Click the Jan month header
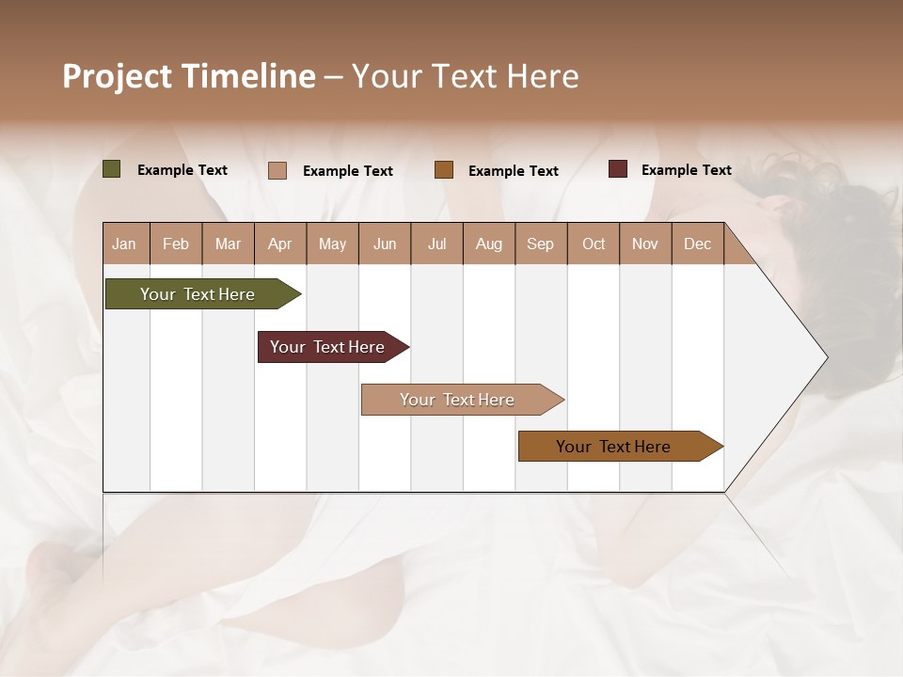pos(125,244)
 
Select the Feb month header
pos(176,244)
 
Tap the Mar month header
pos(228,244)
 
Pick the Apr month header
pos(280,244)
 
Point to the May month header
pos(332,244)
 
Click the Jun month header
pos(385,244)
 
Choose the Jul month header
pos(436,244)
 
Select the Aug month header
pos(489,244)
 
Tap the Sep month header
pos(541,244)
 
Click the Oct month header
pos(594,244)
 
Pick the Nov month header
pos(645,244)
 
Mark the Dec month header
pos(698,244)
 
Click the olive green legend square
pos(112,169)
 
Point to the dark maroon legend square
pos(618,169)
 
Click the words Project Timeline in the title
pos(189,76)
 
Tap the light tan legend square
pos(277,170)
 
